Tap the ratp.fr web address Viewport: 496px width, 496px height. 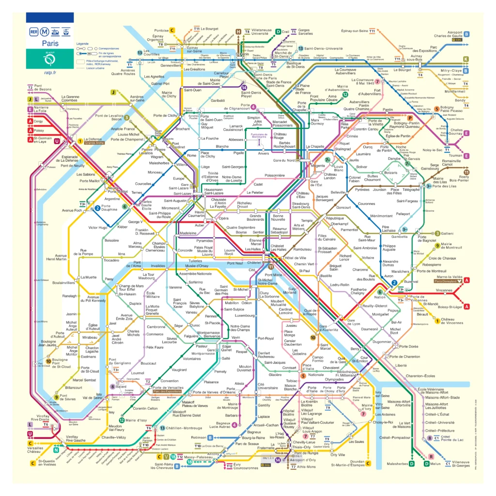pyautogui.click(x=50, y=73)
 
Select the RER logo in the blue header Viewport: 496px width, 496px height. pyautogui.click(x=34, y=32)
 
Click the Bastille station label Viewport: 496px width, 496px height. pyautogui.click(x=326, y=276)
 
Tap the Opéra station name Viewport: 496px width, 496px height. pyautogui.click(x=223, y=218)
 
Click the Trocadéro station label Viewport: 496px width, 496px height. pyautogui.click(x=111, y=260)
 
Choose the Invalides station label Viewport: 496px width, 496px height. pyautogui.click(x=158, y=265)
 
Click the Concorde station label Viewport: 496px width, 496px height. pyautogui.click(x=185, y=250)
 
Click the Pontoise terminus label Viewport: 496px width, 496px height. pyautogui.click(x=161, y=31)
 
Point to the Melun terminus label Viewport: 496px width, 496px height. pyautogui.click(x=435, y=464)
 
